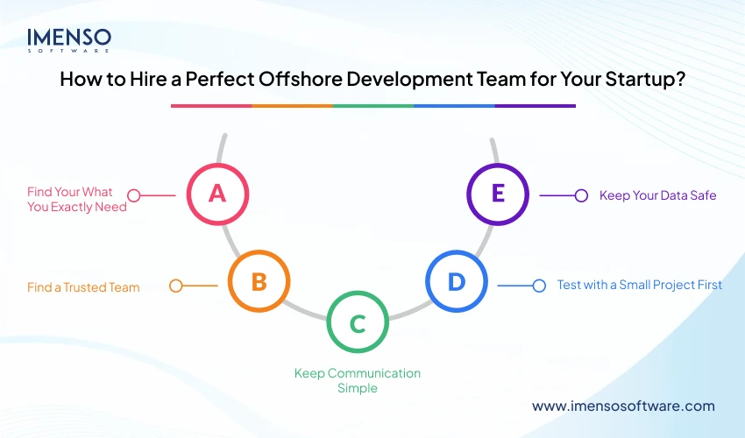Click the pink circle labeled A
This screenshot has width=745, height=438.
pyautogui.click(x=217, y=194)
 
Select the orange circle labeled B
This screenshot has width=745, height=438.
pyautogui.click(x=259, y=282)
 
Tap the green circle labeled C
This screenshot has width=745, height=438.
pyautogui.click(x=357, y=323)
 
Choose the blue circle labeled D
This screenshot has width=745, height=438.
pyautogui.click(x=456, y=282)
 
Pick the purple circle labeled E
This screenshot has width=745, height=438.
pyautogui.click(x=497, y=194)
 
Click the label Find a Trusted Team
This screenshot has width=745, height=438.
pyautogui.click(x=83, y=286)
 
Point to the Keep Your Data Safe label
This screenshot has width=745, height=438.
pyautogui.click(x=657, y=195)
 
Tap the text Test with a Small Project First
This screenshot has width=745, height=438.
pyautogui.click(x=639, y=285)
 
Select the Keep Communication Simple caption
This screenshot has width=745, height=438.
pyautogui.click(x=357, y=380)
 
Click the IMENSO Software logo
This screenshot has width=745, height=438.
pyautogui.click(x=69, y=40)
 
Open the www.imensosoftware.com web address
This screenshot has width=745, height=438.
pyautogui.click(x=623, y=406)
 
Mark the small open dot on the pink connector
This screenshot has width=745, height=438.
pyautogui.click(x=133, y=194)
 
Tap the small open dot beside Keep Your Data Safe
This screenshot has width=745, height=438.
pyautogui.click(x=580, y=195)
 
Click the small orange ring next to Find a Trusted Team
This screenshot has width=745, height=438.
pyautogui.click(x=175, y=286)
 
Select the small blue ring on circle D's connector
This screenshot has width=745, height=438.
pyautogui.click(x=539, y=285)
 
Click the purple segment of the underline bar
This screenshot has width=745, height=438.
pyautogui.click(x=535, y=106)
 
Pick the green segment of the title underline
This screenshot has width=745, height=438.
pyautogui.click(x=372, y=106)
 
